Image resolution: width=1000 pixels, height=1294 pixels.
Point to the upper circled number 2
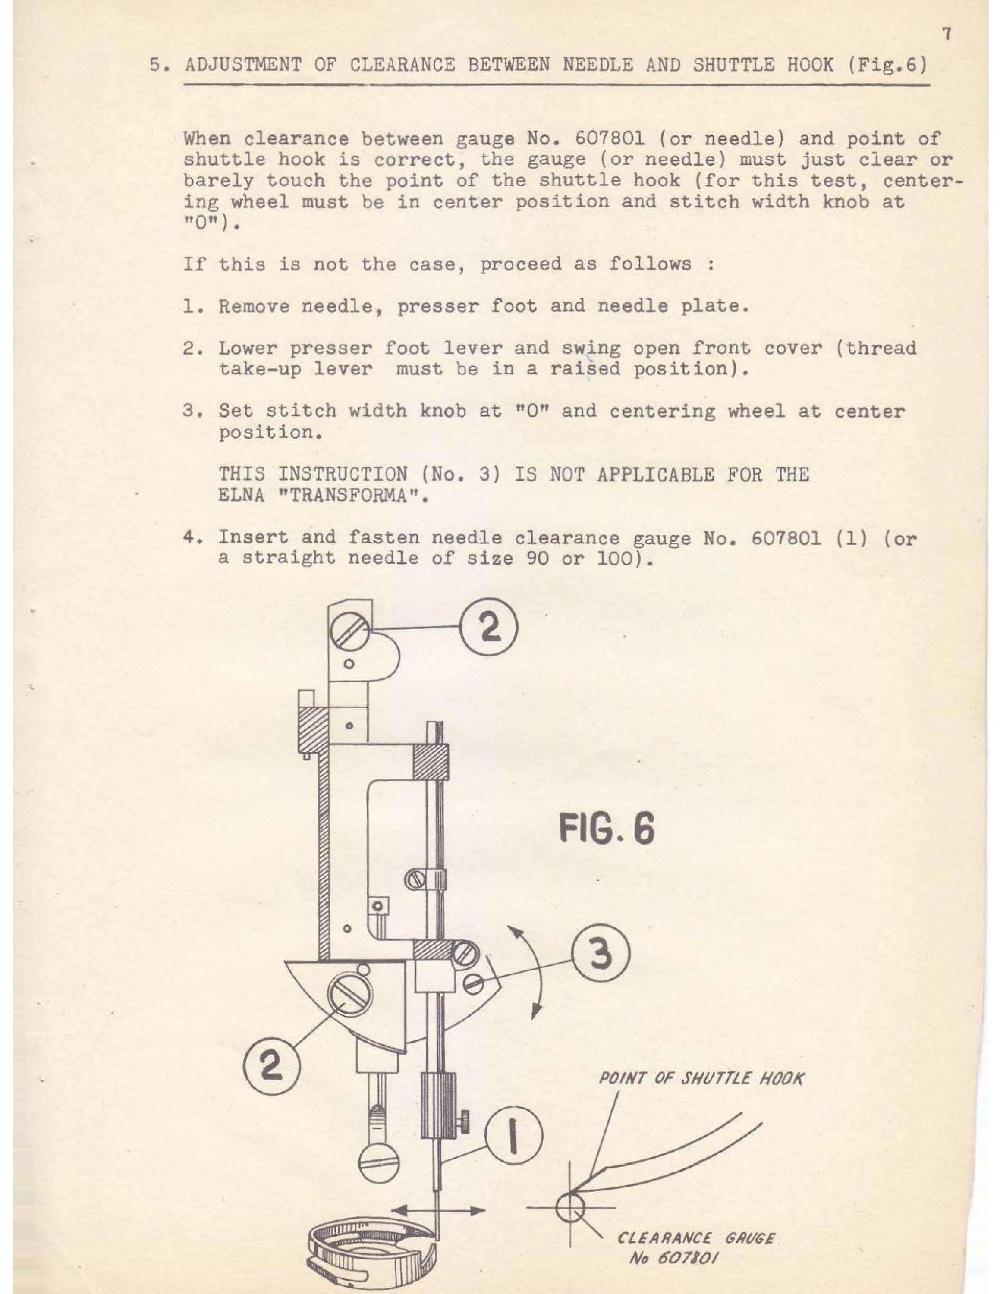pos(489,629)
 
